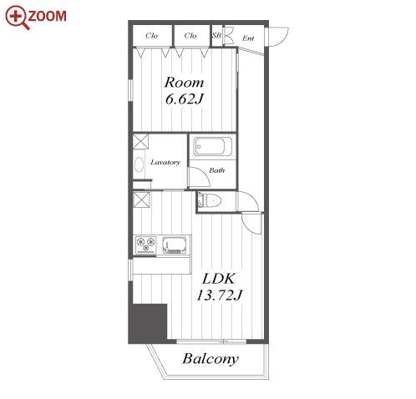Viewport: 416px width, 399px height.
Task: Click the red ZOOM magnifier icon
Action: [x=17, y=18]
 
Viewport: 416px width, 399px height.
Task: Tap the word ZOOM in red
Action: [x=48, y=16]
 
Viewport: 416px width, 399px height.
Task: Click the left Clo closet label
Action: [x=152, y=36]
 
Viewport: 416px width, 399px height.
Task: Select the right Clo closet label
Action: [x=190, y=36]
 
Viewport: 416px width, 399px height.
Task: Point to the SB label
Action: [x=216, y=35]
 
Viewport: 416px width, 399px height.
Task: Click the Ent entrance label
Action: [x=248, y=38]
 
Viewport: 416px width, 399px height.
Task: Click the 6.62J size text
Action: [x=185, y=98]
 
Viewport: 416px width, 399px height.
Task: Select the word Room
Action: [x=184, y=83]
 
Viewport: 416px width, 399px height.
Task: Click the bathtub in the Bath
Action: [x=210, y=146]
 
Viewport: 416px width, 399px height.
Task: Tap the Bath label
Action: [x=217, y=170]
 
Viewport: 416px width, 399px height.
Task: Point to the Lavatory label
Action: [x=165, y=162]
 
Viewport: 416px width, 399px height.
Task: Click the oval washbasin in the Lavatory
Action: [x=139, y=164]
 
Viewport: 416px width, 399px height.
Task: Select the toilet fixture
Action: [x=210, y=200]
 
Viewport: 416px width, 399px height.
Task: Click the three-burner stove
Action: [x=145, y=245]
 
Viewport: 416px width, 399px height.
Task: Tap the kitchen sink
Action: [x=174, y=245]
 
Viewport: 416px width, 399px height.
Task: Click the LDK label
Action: [x=219, y=279]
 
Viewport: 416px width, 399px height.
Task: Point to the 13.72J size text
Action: [x=220, y=295]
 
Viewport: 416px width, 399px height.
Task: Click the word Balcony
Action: [x=211, y=359]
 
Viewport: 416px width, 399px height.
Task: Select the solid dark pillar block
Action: [x=148, y=323]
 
